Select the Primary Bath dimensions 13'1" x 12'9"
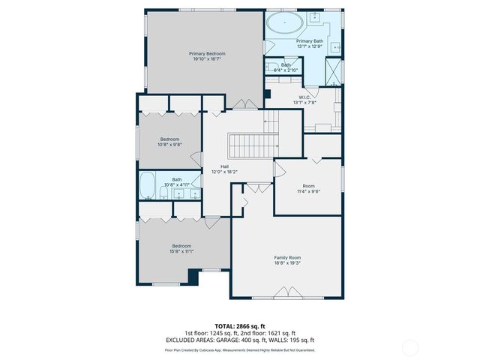tap(309, 46)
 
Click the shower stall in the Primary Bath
tap(334, 72)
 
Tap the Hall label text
tap(224, 166)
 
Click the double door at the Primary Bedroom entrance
tap(241, 103)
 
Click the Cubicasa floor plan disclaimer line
tap(239, 349)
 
